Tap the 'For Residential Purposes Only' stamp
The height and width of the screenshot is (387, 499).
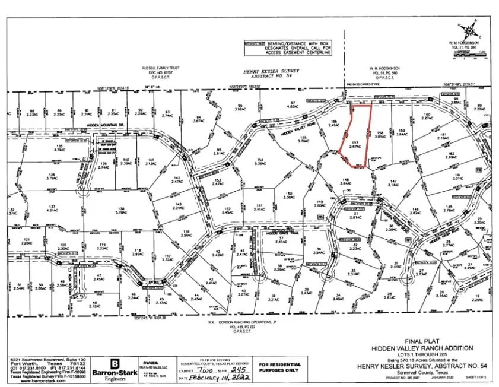point(280,368)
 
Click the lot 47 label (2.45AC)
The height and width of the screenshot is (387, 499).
point(99,277)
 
